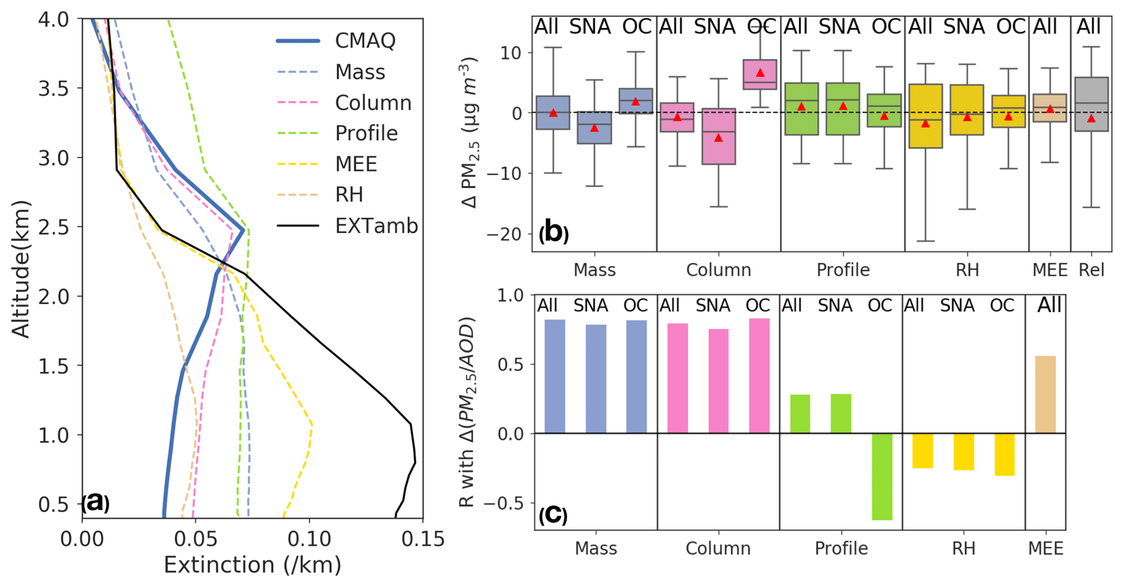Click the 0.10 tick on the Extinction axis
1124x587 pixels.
click(x=309, y=539)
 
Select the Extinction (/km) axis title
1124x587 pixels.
click(x=252, y=565)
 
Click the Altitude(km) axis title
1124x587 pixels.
click(x=21, y=269)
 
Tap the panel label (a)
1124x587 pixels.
click(x=96, y=502)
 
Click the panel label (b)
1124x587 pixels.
click(x=554, y=232)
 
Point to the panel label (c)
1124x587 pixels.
click(x=553, y=514)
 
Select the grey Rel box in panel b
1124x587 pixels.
click(x=1091, y=104)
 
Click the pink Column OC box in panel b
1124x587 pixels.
click(x=760, y=75)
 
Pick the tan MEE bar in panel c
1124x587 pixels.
click(x=1045, y=394)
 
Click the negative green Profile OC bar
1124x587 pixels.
click(x=882, y=477)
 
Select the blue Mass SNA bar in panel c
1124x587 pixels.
click(x=596, y=379)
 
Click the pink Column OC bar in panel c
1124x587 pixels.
click(x=759, y=376)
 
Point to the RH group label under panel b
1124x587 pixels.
click(x=967, y=270)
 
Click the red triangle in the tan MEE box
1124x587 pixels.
click(x=1050, y=109)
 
